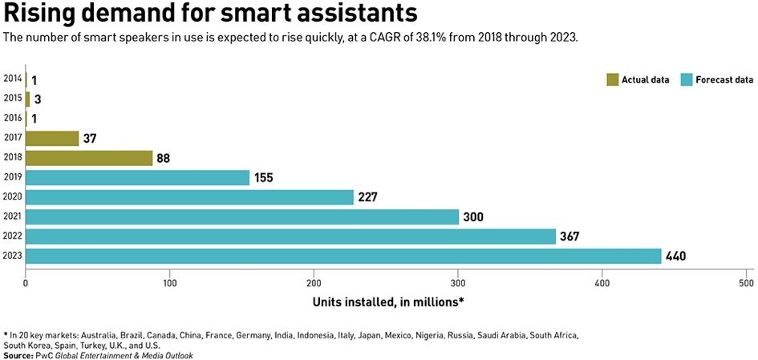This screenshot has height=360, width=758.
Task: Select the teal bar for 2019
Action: [137, 177]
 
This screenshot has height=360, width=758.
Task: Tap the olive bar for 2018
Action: [89, 158]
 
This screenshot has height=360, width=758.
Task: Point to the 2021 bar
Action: [242, 216]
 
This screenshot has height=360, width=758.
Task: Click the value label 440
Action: [675, 257]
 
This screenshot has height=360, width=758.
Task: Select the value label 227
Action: [367, 197]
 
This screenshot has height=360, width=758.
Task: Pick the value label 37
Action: [91, 139]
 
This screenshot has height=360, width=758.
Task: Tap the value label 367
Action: [570, 237]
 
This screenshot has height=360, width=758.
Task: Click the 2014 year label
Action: [12, 79]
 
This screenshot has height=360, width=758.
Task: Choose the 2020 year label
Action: [12, 196]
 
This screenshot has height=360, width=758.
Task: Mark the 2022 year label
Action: [12, 236]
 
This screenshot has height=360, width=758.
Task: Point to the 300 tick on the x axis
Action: [458, 283]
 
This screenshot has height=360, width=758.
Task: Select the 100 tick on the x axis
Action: [169, 283]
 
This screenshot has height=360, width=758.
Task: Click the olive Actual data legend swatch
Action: [613, 79]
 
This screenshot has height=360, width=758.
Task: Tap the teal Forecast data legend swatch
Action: [686, 79]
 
